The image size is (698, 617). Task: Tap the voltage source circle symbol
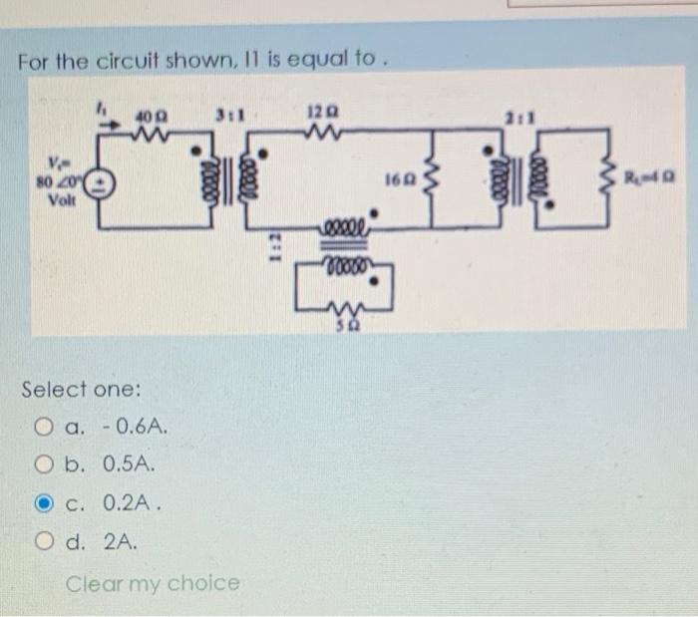click(105, 183)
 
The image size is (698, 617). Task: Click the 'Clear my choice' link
click(153, 582)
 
